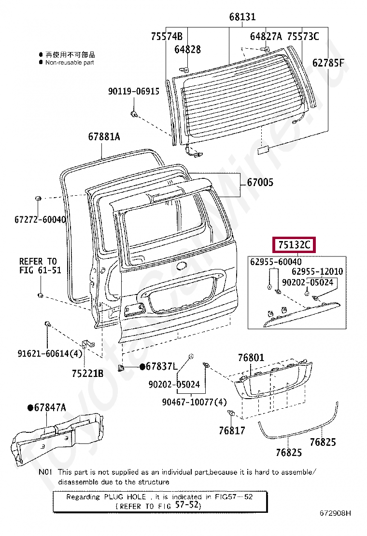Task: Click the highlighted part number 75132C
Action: pos(294,245)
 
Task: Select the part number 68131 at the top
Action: pos(242,17)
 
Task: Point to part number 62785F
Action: pos(328,63)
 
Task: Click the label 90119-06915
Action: pos(133,91)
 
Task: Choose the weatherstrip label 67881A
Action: pos(104,136)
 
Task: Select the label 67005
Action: pos(260,183)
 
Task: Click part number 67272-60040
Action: pos(40,219)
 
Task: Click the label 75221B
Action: pos(87,373)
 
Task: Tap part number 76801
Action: pos(251,358)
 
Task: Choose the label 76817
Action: pos(232,430)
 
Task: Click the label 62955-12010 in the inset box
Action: pos(317,271)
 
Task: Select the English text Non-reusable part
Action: pos(70,62)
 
